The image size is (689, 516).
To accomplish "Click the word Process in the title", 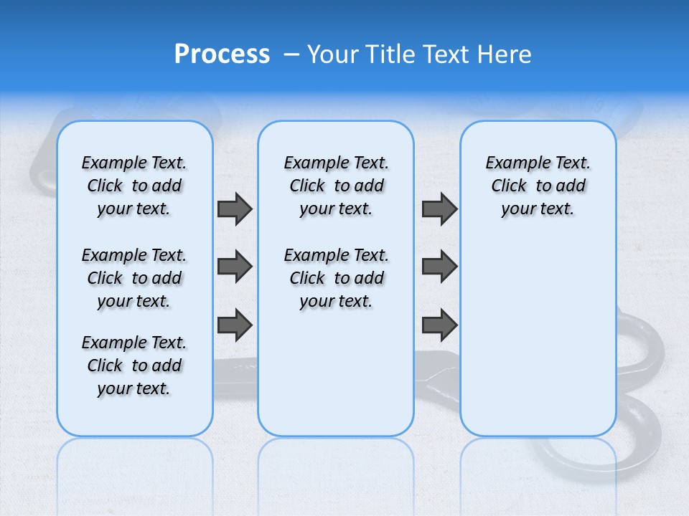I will click(222, 54).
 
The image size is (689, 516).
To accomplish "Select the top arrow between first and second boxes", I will click(235, 209).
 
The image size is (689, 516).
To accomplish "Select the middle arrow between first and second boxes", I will click(235, 267).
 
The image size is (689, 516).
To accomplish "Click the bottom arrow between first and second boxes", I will click(235, 325).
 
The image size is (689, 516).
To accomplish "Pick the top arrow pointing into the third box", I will click(439, 209).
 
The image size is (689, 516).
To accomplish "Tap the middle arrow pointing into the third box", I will click(439, 267).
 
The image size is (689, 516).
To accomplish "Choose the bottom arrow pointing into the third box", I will click(439, 325).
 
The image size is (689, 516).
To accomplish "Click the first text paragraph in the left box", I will click(134, 186).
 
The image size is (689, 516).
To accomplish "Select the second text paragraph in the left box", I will click(134, 278).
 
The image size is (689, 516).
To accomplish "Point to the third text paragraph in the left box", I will click(134, 365).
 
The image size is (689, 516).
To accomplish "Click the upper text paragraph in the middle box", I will click(336, 186).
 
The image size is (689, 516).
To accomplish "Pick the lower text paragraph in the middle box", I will click(336, 278).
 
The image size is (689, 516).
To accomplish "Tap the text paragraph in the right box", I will click(538, 186).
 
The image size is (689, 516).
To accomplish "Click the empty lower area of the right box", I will click(538, 337).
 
